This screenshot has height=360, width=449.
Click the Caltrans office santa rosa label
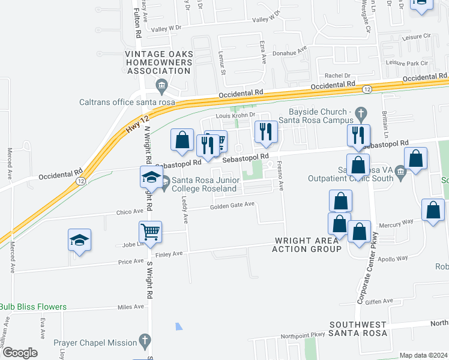[127, 102]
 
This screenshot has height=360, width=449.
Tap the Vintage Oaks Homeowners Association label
[159, 62]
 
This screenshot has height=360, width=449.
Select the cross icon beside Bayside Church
[361, 113]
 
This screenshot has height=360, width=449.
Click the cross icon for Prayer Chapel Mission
[143, 342]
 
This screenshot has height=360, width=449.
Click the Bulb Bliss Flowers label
[33, 307]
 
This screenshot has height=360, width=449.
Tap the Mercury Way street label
[396, 221]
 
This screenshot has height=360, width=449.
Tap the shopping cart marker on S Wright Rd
[150, 231]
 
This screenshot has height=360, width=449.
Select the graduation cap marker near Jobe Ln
[79, 240]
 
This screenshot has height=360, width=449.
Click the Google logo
[20, 353]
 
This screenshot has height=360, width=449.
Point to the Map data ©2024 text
[423, 355]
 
